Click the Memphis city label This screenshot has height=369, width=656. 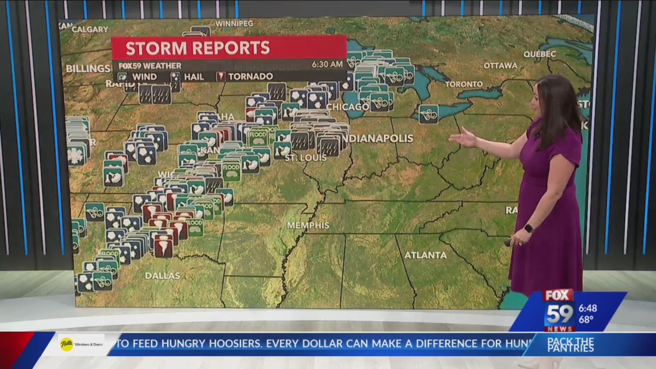pos(308,225)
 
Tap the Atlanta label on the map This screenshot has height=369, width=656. pos(425,255)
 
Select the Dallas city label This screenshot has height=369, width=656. pos(162,276)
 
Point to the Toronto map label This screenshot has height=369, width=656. pos(464,84)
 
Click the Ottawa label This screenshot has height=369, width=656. pos(500,66)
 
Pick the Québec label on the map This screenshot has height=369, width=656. pos(539,54)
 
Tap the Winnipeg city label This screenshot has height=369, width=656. pos(234,24)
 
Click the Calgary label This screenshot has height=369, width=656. pos(90,30)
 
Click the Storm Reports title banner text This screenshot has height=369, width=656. pos(198,48)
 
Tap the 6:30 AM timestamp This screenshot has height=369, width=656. pos(327,64)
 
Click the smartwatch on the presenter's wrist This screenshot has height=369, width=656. pos(529,228)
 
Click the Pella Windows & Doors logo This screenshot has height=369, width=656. pos(81,344)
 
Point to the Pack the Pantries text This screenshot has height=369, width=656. pos(571,345)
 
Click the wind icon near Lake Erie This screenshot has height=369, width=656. pos(428,114)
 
